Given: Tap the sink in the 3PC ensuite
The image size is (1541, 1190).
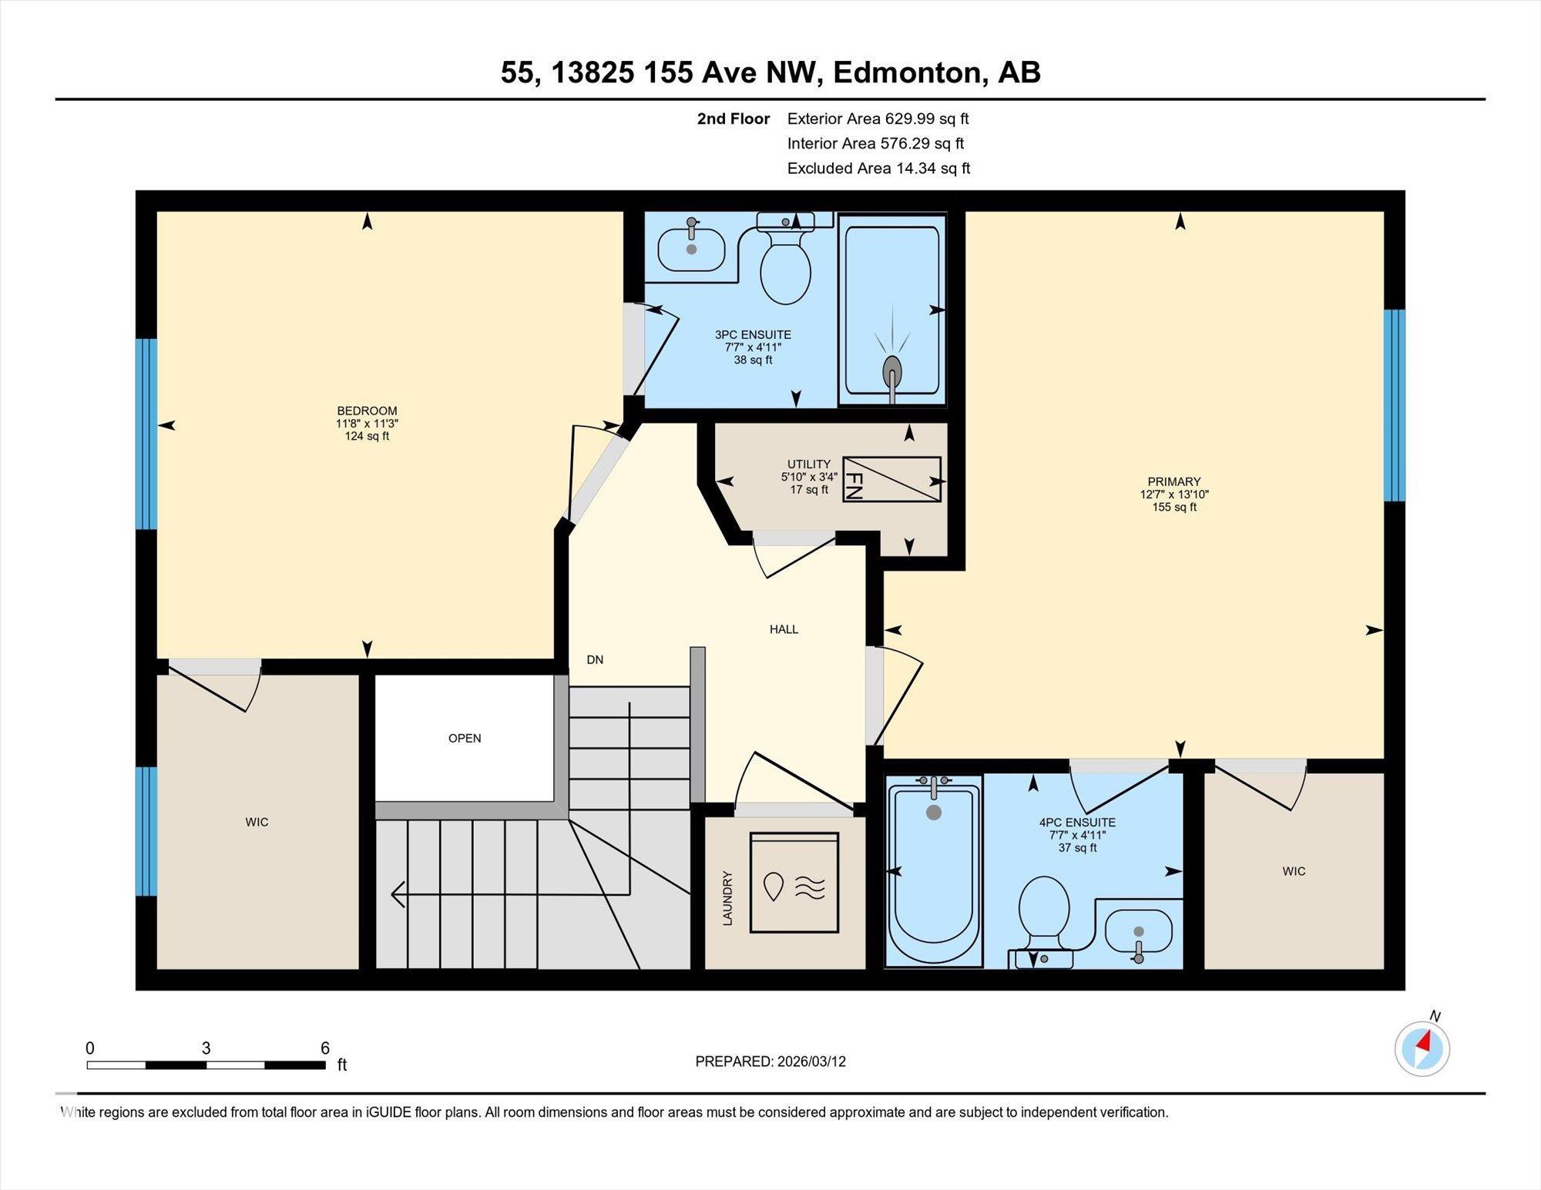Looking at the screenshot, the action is click(x=691, y=248).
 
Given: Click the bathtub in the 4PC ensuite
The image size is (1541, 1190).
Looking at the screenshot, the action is click(x=934, y=871).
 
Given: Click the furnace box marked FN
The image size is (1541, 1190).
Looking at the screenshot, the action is click(x=891, y=479).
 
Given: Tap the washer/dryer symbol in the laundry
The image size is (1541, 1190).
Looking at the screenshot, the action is click(x=794, y=883).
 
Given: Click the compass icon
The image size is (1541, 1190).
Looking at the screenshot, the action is click(x=1422, y=1048).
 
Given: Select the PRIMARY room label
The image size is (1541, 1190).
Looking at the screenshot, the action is click(x=1174, y=482).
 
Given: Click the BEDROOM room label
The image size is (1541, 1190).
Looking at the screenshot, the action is click(x=367, y=411).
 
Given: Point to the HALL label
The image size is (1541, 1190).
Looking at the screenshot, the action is click(x=784, y=629).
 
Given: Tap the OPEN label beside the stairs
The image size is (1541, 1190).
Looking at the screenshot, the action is click(x=465, y=738).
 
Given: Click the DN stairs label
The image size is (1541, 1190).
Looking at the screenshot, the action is click(x=595, y=659).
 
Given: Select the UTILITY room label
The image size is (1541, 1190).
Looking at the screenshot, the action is click(x=809, y=464).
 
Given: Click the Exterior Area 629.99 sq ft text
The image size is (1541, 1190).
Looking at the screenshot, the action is click(x=878, y=119).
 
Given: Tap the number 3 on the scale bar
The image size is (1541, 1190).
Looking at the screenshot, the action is click(x=206, y=1048).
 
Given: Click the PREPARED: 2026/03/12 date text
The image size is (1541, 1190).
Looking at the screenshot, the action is click(x=770, y=1061).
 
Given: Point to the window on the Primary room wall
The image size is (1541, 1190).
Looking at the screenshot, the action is click(x=1395, y=405).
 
